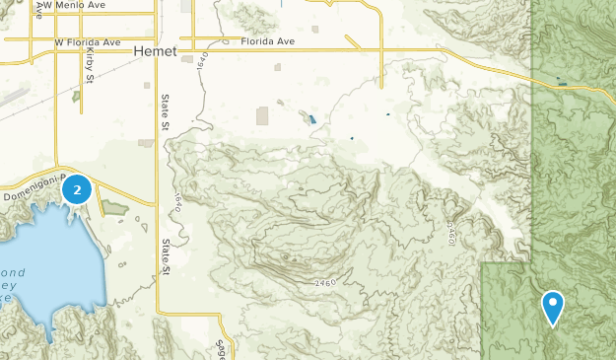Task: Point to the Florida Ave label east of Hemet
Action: [269, 42]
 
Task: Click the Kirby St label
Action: [88, 69]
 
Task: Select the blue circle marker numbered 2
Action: [77, 189]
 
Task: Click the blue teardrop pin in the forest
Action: [553, 305]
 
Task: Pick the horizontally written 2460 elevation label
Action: [328, 283]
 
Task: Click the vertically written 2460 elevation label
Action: [449, 233]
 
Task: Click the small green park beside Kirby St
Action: [75, 97]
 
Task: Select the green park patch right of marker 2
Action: [112, 207]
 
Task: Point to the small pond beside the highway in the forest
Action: [563, 84]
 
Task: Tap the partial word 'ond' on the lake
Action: [13, 270]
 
